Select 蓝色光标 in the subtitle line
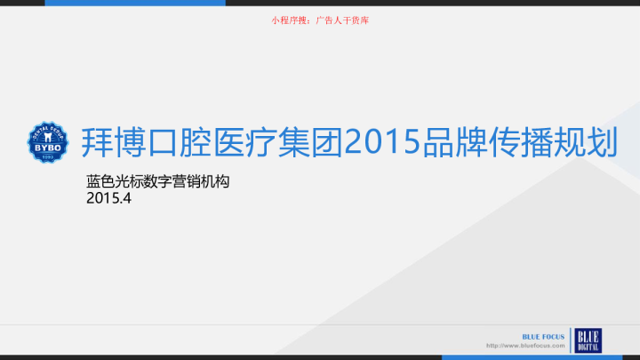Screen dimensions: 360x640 115,181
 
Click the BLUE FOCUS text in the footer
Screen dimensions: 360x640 541,336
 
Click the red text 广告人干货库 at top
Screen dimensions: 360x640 348,17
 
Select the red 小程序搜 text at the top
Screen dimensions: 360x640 290,17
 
